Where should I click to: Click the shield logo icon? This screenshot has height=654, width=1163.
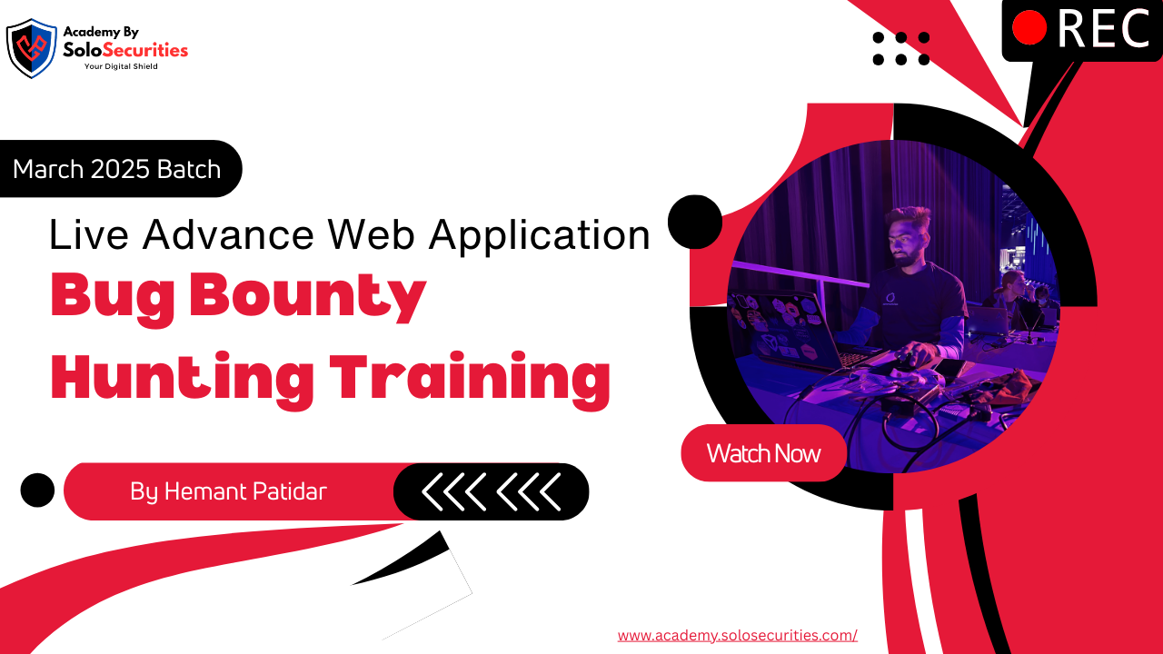[31, 48]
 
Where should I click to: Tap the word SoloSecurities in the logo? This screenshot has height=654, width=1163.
[125, 50]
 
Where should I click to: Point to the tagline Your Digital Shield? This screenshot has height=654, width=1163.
[121, 66]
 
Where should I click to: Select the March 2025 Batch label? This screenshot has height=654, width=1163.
[117, 169]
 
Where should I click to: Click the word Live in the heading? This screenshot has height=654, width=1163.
[89, 234]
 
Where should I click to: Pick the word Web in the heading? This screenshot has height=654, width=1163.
[371, 234]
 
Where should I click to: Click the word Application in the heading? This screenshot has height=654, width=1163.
[540, 236]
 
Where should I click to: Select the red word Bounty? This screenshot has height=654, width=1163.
[308, 298]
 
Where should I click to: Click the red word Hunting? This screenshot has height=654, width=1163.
[183, 380]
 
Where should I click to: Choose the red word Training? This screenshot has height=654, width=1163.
[471, 380]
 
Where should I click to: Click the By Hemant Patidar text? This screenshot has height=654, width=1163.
[228, 491]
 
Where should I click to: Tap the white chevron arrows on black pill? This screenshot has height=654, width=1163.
[492, 491]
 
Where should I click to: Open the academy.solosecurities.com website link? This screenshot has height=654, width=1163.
[737, 635]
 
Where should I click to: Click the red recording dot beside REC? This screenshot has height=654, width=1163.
[1029, 28]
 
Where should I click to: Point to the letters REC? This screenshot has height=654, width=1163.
[1103, 28]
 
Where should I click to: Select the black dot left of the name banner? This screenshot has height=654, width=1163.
[37, 490]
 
